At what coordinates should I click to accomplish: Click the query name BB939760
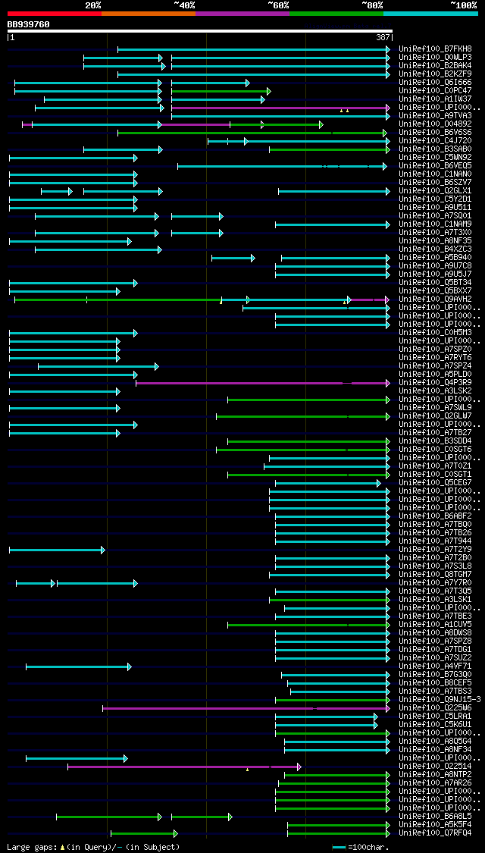click(29, 24)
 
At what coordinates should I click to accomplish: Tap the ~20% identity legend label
click(92, 5)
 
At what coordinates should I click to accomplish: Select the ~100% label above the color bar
click(463, 5)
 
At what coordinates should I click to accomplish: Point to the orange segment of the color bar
click(148, 13)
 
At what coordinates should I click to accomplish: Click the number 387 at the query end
click(383, 37)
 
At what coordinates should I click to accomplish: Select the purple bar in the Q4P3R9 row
click(242, 383)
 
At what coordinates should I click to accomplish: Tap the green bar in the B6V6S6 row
click(250, 133)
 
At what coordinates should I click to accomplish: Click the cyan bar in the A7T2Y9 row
click(56, 550)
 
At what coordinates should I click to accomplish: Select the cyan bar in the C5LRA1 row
click(326, 716)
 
